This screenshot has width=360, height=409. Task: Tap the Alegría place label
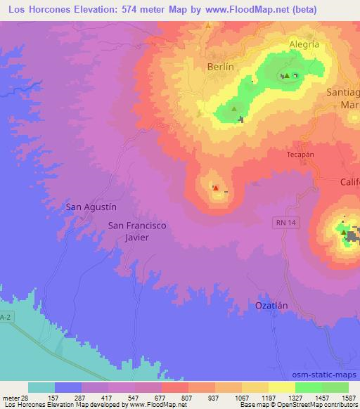(x=304, y=44)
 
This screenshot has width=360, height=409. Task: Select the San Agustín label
(x=91, y=207)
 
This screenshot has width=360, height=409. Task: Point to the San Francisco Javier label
(x=138, y=231)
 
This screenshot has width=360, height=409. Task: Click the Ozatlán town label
(x=271, y=306)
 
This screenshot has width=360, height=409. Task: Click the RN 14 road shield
(x=282, y=221)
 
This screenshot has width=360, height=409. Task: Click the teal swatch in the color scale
(x=41, y=388)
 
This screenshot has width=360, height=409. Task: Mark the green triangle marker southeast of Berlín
(x=234, y=109)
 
